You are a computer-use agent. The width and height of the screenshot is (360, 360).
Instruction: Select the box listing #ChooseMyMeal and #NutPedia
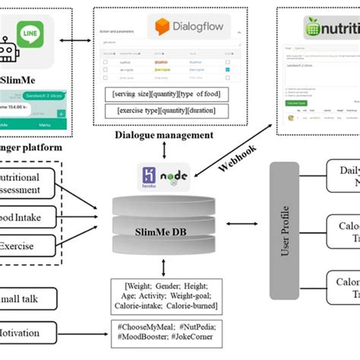(166, 332)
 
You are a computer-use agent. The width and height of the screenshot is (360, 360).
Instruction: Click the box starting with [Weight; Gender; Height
(166, 295)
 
